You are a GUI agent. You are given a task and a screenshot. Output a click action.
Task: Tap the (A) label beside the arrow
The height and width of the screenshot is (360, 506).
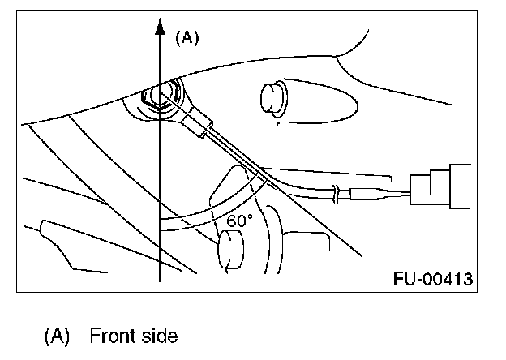click(187, 36)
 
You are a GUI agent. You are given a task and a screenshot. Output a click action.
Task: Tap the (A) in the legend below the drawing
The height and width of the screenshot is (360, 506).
click(59, 335)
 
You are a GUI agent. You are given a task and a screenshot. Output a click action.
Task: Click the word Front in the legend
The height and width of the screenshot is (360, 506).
click(111, 335)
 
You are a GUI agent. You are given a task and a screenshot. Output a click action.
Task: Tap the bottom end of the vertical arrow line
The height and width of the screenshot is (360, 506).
click(161, 278)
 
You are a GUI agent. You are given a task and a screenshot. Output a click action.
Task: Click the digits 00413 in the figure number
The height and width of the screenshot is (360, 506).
click(448, 280)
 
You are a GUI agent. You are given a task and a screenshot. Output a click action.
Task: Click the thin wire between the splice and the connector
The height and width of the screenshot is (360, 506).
click(395, 195)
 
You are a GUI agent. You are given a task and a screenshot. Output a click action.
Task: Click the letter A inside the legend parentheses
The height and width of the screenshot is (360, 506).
click(59, 335)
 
